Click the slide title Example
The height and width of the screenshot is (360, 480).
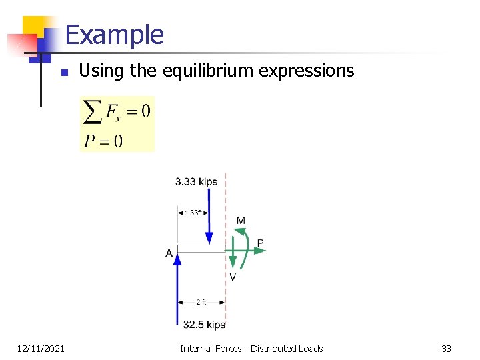[x=115, y=35]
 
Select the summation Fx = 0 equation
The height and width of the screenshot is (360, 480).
[x=117, y=111]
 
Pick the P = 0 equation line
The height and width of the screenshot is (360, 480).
[x=103, y=141]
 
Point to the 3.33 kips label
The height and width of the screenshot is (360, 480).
[x=196, y=181]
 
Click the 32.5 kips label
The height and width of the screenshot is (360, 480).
[x=205, y=325]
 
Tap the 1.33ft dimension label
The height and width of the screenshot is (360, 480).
[x=193, y=213]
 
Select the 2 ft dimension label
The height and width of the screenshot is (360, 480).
[x=201, y=302]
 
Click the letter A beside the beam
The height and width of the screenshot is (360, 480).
[x=169, y=253]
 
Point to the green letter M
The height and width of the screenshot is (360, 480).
[x=241, y=221]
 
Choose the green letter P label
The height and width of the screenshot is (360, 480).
[x=261, y=243]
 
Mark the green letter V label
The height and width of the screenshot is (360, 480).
[x=233, y=277]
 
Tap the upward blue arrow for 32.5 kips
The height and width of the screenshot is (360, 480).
[x=177, y=287]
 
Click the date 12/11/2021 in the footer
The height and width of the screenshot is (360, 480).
[x=41, y=349]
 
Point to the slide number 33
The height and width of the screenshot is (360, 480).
[x=447, y=349]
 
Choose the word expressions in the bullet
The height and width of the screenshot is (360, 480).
[x=313, y=71]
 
